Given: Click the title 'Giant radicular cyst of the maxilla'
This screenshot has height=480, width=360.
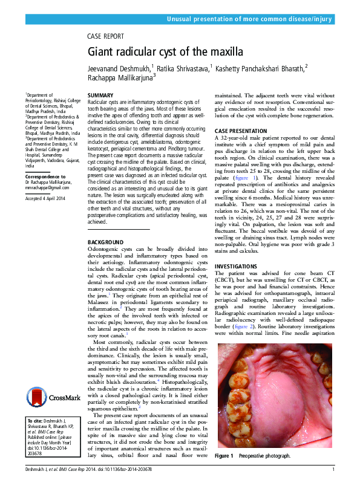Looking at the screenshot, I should [163, 53].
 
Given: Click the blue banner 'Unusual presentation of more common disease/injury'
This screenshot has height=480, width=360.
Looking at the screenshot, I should [250, 20].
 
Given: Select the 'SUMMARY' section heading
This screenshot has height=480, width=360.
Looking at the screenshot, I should [100, 96].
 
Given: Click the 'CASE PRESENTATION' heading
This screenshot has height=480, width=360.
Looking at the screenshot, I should [241, 131].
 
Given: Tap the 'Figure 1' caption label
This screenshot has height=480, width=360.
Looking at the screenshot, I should [224, 455].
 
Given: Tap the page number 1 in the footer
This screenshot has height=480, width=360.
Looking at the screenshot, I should [333, 470].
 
